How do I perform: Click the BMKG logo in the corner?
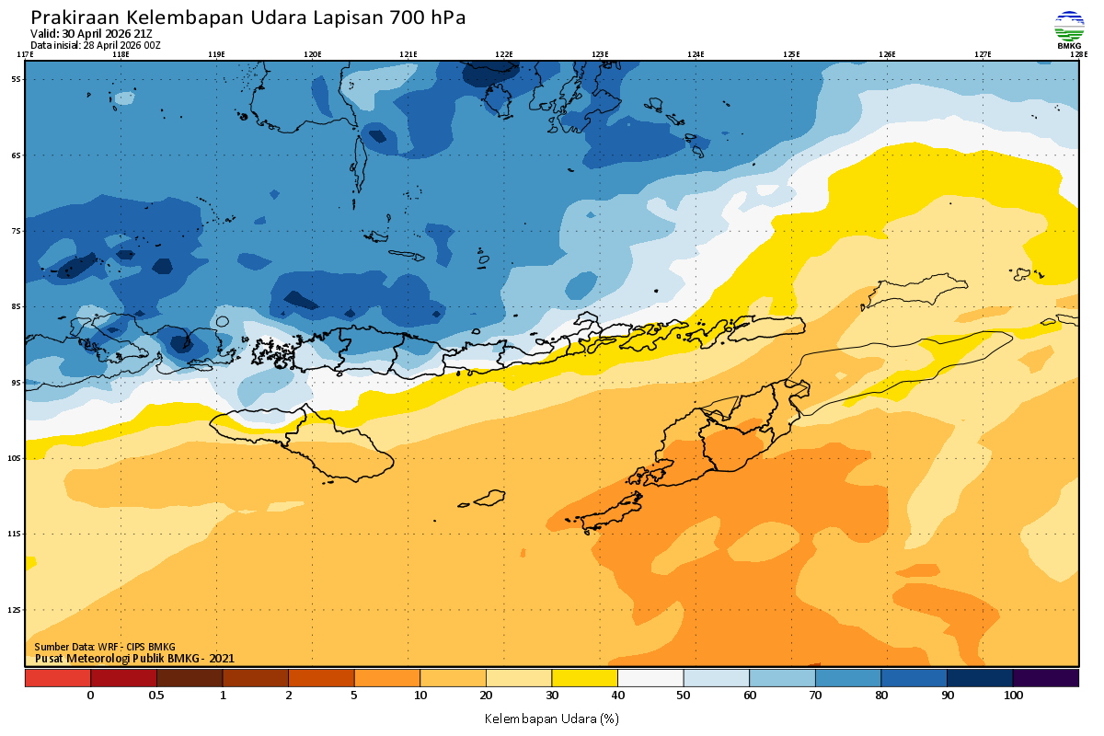1068,29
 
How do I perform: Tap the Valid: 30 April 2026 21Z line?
91,34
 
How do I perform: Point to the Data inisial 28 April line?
96,44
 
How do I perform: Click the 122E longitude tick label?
503,54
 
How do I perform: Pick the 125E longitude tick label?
791,54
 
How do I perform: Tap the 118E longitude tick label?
120,54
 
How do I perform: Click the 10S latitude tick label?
17,457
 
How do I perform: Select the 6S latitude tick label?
17,155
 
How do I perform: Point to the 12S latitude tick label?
17,609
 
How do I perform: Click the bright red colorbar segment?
57,678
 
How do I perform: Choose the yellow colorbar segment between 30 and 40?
583,678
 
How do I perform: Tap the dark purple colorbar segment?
1045,678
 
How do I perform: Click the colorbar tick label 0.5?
156,696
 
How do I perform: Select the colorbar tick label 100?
1013,696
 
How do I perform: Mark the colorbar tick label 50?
683,696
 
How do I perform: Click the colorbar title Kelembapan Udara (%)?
551,718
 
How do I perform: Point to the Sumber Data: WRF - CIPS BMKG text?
104,647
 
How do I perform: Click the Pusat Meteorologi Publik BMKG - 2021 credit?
134,658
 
